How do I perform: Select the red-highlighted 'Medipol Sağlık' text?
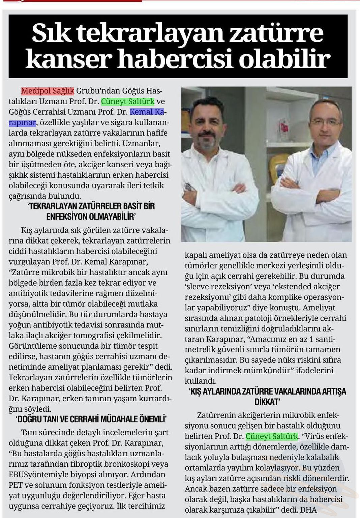48,91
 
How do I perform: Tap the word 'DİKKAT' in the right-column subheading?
267,402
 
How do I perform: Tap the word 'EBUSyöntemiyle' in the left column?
36,475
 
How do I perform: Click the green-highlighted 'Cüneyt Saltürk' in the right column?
272,436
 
